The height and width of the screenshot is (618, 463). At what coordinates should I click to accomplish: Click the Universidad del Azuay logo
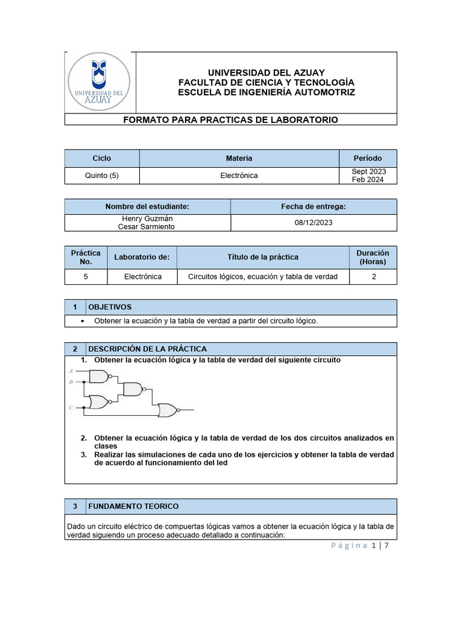coord(99,81)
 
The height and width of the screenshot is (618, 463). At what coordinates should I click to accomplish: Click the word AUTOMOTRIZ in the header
coord(320,92)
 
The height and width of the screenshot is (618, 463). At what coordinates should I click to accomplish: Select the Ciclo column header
coord(102,158)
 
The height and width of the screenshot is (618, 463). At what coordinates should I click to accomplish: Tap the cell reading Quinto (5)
coord(102,176)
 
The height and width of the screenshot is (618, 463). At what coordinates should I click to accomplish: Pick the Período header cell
coord(368,158)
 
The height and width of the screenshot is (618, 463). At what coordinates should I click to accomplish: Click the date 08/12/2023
coord(313,223)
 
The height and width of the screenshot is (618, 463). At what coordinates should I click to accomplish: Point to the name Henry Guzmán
coord(147,218)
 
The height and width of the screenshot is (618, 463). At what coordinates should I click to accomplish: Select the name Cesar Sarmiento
coord(147,226)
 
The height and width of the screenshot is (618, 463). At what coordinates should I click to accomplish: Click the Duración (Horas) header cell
coord(373,257)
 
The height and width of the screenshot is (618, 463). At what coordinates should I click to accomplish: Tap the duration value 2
coord(373,277)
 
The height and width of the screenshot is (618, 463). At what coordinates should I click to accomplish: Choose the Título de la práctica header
coord(263,257)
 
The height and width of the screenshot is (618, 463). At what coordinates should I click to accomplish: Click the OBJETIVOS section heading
coord(110,307)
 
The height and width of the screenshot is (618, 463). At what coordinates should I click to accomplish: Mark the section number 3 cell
coord(75,506)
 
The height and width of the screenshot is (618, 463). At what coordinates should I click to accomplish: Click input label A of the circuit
coord(71,371)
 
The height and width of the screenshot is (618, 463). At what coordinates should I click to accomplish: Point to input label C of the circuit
coord(71,408)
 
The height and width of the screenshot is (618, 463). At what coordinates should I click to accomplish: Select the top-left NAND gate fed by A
coord(99,377)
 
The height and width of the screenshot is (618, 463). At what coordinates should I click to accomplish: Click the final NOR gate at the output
coord(168,411)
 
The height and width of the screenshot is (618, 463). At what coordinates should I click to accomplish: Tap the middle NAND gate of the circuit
coord(133,389)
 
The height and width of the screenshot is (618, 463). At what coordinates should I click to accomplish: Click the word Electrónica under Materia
coord(239,176)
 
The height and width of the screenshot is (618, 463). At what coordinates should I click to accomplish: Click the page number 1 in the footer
coord(374,546)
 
